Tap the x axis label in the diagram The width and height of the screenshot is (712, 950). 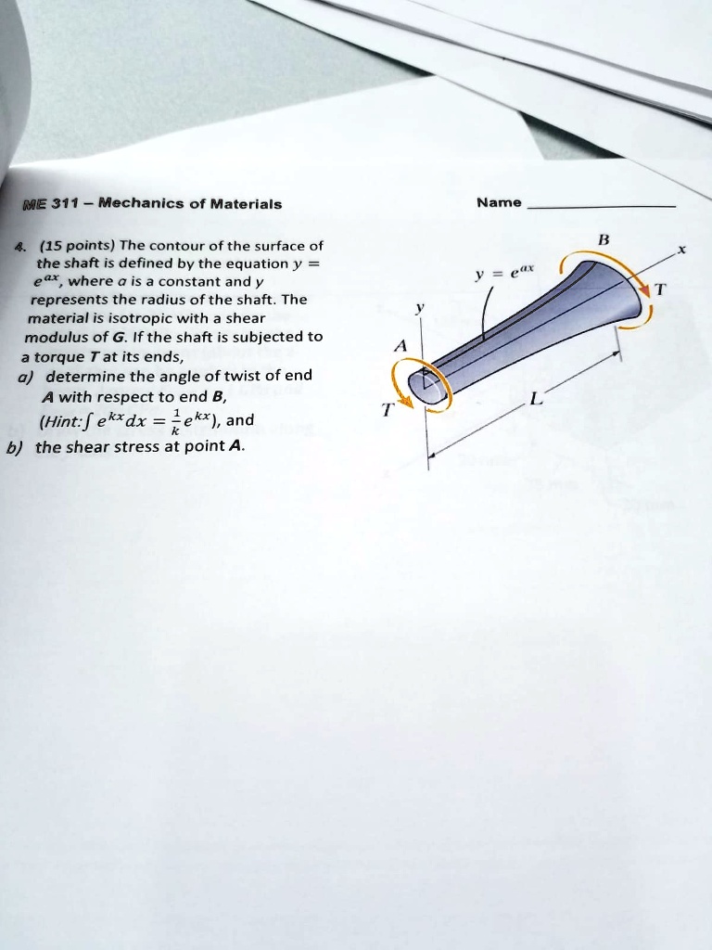681,250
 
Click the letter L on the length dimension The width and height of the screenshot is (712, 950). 534,400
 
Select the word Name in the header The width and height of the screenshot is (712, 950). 499,203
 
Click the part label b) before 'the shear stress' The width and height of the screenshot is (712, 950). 14,446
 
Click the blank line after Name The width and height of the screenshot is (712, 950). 603,205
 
